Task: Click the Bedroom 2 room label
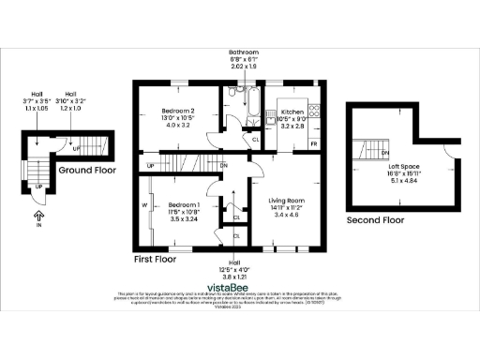coord(177,111)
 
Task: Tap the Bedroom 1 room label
coord(184,204)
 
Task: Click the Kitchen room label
coord(293,111)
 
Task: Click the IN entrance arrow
coord(38,220)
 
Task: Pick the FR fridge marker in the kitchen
coord(313,143)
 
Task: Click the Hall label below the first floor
coord(233,262)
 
